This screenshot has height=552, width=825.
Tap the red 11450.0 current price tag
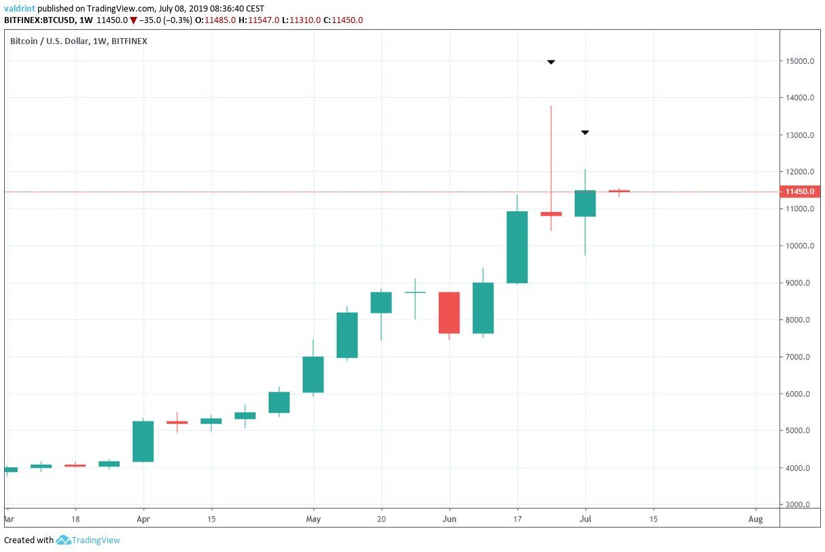click(x=799, y=191)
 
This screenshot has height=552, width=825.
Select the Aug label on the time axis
click(x=755, y=519)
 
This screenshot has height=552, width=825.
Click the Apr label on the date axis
click(x=143, y=519)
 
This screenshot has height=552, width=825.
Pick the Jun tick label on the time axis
click(x=449, y=519)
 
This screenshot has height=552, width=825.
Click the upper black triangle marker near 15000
click(x=551, y=62)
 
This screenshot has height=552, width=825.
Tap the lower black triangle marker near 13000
click(x=584, y=132)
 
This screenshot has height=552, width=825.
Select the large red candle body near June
click(x=449, y=312)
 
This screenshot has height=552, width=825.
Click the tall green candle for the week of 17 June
click(x=517, y=247)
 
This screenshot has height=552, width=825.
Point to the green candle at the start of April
click(x=143, y=441)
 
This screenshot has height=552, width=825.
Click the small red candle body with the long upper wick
click(x=551, y=214)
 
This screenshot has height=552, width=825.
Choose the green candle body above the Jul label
click(x=585, y=203)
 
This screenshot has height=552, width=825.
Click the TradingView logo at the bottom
click(x=88, y=540)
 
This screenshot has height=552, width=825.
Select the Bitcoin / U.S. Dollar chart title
click(x=78, y=41)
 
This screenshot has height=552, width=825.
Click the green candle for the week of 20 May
click(x=381, y=302)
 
